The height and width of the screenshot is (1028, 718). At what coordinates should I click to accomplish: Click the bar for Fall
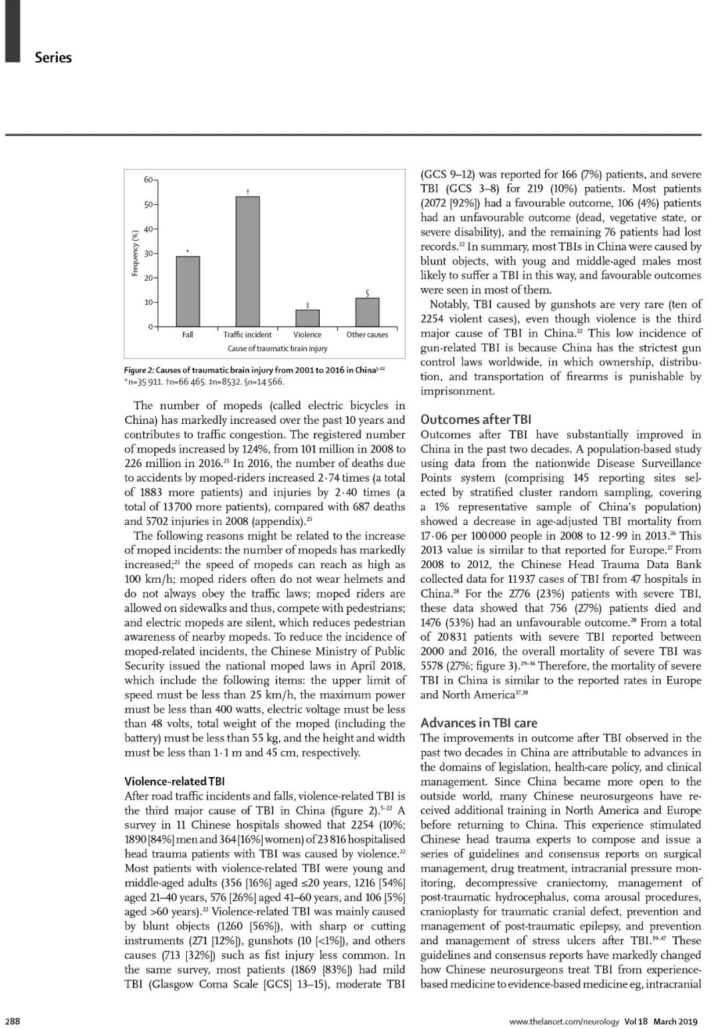pyautogui.click(x=188, y=291)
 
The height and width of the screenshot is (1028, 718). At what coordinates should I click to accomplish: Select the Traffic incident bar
pyautogui.click(x=247, y=261)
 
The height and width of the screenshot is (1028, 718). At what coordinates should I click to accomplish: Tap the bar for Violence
pyautogui.click(x=307, y=318)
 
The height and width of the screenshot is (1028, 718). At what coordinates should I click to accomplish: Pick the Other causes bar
pyautogui.click(x=367, y=312)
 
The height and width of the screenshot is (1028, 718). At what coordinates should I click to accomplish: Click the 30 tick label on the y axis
pyautogui.click(x=148, y=254)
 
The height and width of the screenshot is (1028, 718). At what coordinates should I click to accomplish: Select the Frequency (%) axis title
pyautogui.click(x=134, y=253)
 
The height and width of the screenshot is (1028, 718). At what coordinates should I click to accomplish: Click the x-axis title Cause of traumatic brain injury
pyautogui.click(x=277, y=348)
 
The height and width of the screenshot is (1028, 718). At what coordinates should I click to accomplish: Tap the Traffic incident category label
pyautogui.click(x=247, y=335)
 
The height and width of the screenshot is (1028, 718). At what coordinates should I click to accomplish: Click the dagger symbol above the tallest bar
pyautogui.click(x=247, y=192)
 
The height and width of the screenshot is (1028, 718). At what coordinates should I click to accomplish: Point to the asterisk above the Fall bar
pyautogui.click(x=188, y=252)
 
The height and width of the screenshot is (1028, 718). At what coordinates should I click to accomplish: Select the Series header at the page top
pyautogui.click(x=53, y=57)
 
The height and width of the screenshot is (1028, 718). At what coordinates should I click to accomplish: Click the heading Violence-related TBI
pyautogui.click(x=170, y=781)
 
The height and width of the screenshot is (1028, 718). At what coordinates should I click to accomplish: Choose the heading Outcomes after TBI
pyautogui.click(x=476, y=419)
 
